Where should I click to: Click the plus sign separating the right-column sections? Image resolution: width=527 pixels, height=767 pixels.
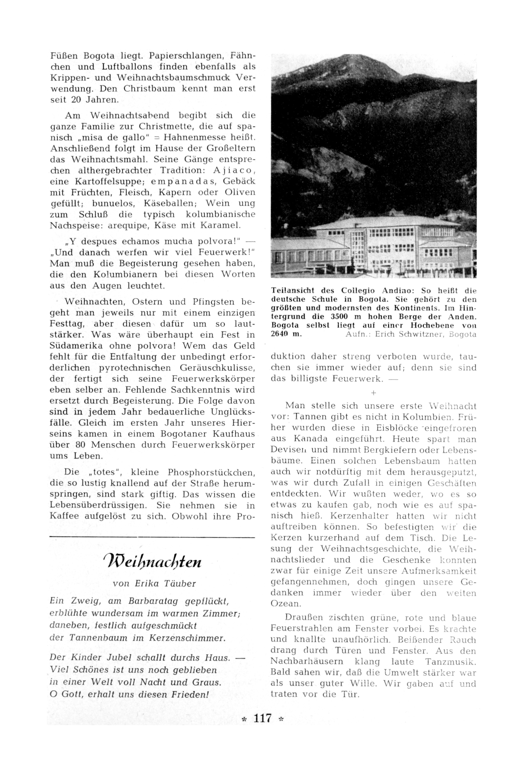point(373,393)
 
